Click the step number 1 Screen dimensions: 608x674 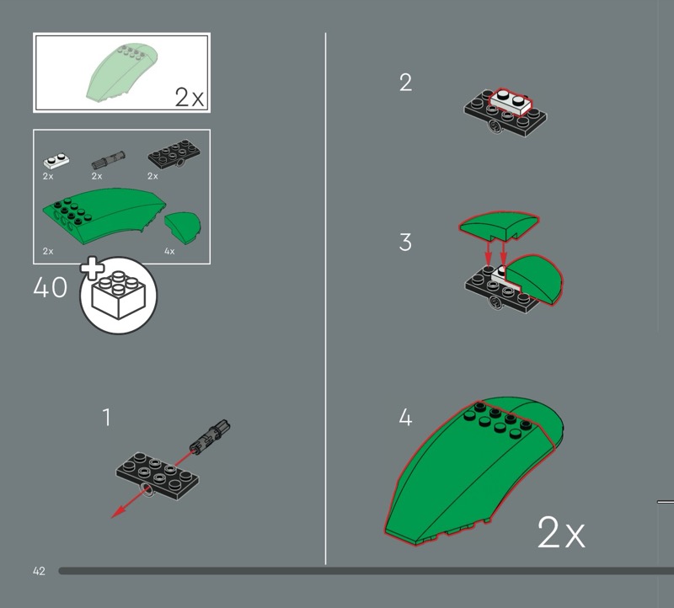(x=107, y=417)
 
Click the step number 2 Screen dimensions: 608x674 (x=406, y=83)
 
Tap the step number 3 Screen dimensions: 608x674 (x=406, y=243)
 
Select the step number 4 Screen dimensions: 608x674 (x=406, y=417)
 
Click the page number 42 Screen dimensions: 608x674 (x=39, y=571)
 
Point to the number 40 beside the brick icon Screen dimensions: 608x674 (x=50, y=287)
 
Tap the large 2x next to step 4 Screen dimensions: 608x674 (x=560, y=533)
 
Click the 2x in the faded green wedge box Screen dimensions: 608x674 (x=190, y=97)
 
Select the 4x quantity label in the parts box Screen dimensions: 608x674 (x=169, y=251)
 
